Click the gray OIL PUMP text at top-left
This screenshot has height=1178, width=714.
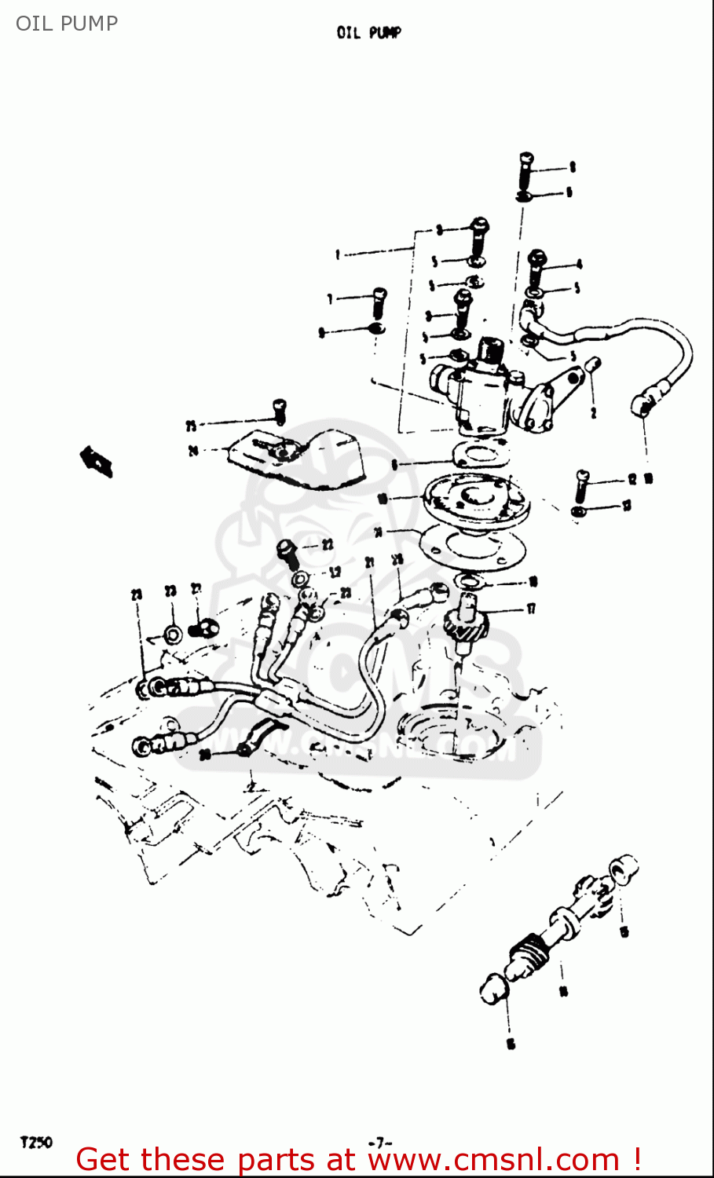pos(67,24)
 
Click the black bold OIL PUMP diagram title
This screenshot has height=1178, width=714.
pos(368,33)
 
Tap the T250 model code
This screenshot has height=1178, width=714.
pos(36,1142)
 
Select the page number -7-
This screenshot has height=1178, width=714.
pos(379,1143)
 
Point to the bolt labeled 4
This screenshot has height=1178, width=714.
pos(537,267)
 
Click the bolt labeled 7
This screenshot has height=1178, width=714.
pos(379,302)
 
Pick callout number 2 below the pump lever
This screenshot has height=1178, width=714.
pos(593,412)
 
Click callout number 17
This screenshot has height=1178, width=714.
pos(532,609)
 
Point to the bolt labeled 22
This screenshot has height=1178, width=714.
pos(288,551)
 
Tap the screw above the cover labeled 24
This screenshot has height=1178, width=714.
pos(279,411)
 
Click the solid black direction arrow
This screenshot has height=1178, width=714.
pos(97,461)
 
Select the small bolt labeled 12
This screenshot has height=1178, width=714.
pos(581,485)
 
